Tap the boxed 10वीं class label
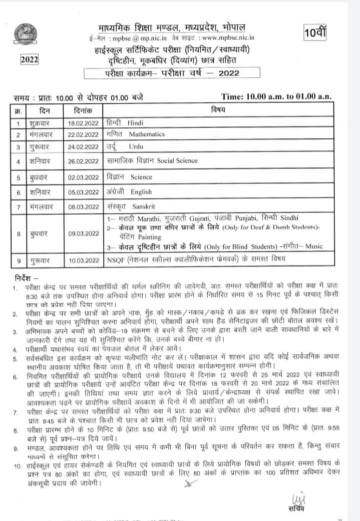317,35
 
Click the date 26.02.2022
84,161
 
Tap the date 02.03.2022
84,178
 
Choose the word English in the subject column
142,193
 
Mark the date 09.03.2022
84,234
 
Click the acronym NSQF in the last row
113,260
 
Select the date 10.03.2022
84,260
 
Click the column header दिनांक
84,109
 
